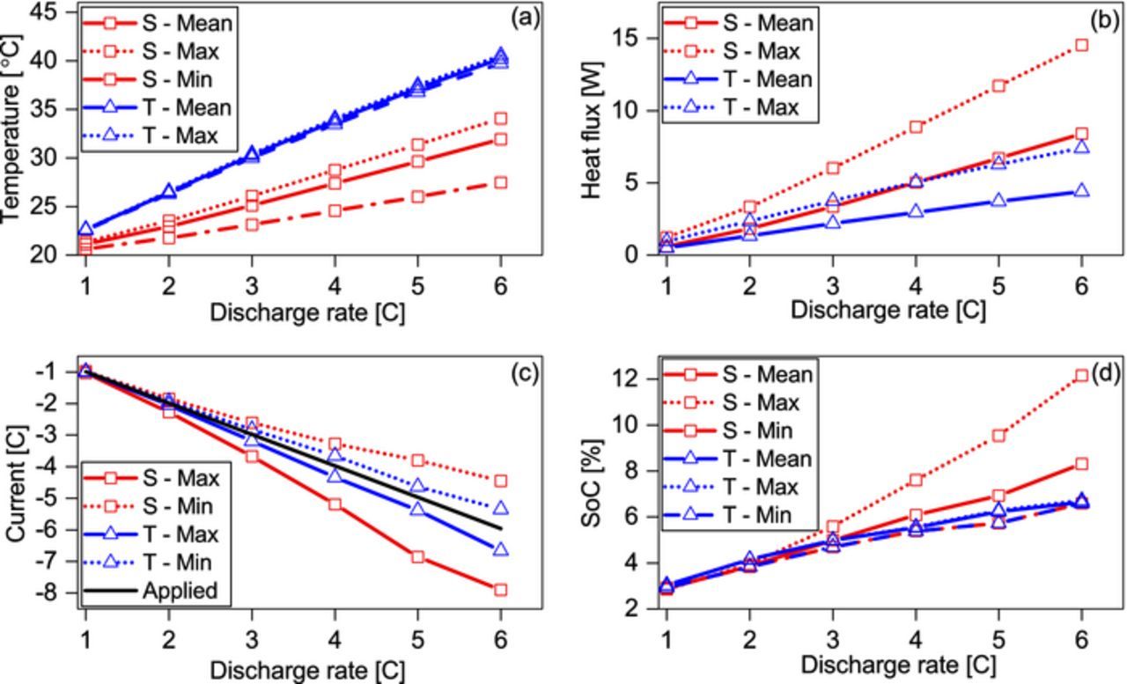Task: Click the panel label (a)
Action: [525, 18]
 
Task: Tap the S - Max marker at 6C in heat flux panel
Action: [1081, 45]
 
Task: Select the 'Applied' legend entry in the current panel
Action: [180, 591]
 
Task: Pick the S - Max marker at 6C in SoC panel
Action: [1081, 376]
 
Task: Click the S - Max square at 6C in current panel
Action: [500, 590]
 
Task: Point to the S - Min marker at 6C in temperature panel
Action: [500, 182]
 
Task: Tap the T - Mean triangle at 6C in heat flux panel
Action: [1081, 190]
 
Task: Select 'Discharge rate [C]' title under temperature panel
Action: [307, 313]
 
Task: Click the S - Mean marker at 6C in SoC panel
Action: [1081, 463]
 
